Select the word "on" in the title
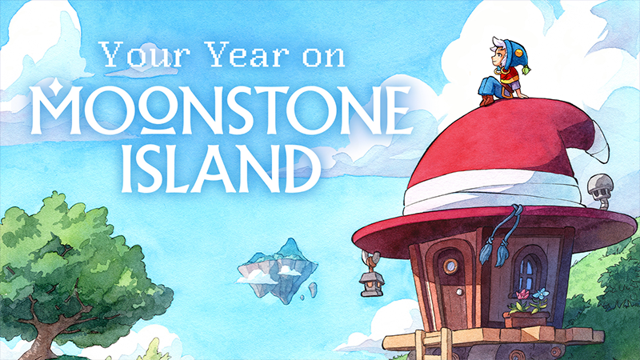tap(325, 57)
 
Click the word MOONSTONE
tap(221, 111)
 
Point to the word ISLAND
tap(221, 169)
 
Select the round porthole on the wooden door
tap(451, 266)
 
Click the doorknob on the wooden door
tap(459, 292)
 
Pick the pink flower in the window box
tap(522, 294)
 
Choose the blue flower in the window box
tap(542, 294)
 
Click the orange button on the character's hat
tap(518, 53)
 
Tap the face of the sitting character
tap(498, 59)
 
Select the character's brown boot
tap(486, 100)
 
